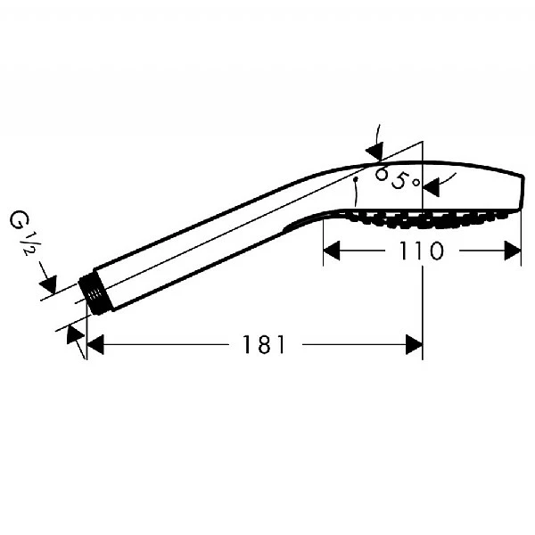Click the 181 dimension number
[263, 344]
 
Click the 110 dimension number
[421, 251]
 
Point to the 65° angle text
[398, 178]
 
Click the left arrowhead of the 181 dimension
[95, 344]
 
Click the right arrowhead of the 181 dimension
[415, 344]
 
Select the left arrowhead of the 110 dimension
[332, 251]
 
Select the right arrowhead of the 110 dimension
[513, 251]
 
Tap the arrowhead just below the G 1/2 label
[48, 284]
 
